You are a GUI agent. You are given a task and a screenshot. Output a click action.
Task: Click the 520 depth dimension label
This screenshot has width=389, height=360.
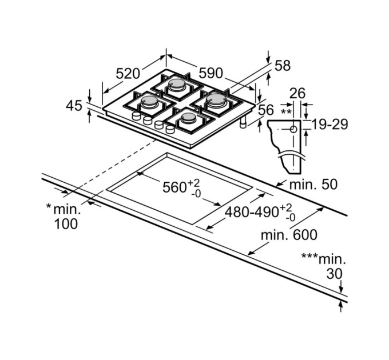128,73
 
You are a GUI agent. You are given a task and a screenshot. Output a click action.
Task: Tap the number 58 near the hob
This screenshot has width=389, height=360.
283,66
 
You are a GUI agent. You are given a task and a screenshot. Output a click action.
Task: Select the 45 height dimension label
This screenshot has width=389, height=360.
74,106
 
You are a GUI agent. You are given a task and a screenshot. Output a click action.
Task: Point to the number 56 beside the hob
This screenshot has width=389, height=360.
266,110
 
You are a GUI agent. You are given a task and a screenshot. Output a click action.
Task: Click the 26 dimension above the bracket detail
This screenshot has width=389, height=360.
297,93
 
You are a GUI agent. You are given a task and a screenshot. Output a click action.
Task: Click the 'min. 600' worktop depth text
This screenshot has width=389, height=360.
289,235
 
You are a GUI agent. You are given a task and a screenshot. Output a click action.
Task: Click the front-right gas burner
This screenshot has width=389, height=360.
188,119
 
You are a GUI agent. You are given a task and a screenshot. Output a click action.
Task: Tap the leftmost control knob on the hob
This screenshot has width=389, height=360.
137,117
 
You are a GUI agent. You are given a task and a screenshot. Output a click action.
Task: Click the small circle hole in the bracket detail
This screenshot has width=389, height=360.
293,129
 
